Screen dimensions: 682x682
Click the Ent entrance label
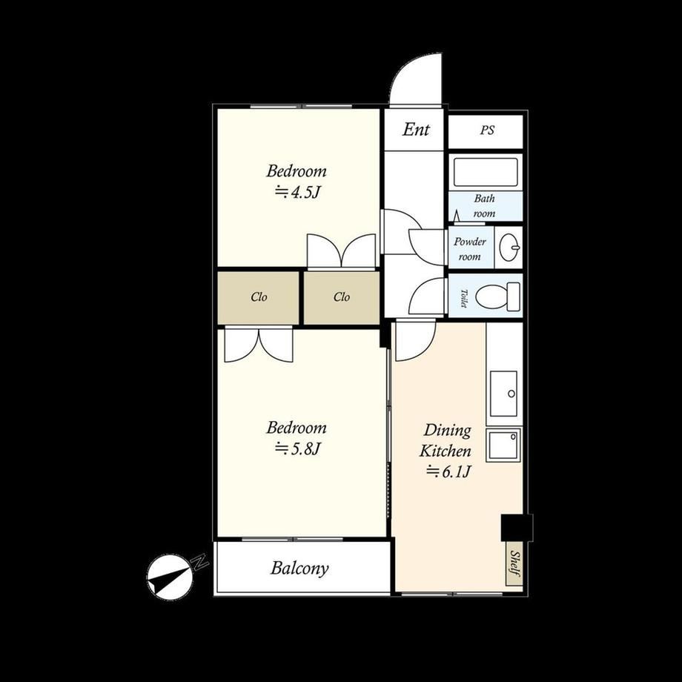(x=416, y=129)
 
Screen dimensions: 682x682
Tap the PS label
(x=487, y=130)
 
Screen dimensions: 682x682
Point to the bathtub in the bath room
(x=486, y=173)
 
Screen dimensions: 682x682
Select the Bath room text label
(x=485, y=206)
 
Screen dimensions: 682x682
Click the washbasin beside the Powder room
(x=509, y=247)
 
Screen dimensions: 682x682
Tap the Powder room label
(x=470, y=249)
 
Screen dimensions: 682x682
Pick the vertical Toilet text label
(x=463, y=298)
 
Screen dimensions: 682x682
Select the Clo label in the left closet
(x=259, y=297)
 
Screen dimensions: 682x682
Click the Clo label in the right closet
(x=342, y=297)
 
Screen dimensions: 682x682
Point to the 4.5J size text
(x=297, y=192)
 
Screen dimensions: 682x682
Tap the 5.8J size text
(x=297, y=449)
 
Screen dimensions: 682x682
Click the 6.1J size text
(x=449, y=471)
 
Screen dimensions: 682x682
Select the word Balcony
(x=299, y=569)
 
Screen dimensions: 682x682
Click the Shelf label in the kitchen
(x=514, y=563)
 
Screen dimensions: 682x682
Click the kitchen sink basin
(x=503, y=394)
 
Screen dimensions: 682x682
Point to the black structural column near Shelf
(x=517, y=528)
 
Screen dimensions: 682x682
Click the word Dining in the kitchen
(x=447, y=431)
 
